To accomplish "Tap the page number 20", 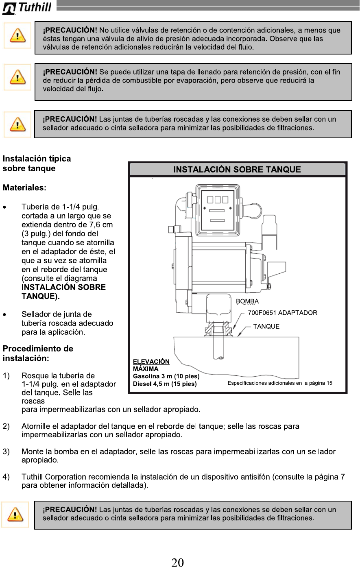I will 177,562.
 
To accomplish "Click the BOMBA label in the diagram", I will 247,301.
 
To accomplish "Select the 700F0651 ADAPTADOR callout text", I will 282,313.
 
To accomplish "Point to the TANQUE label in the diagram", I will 266,326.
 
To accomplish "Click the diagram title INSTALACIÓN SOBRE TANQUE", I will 237,170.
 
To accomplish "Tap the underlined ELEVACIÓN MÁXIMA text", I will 151,365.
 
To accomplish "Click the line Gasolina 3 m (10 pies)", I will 166,376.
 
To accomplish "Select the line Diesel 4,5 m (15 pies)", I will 165,384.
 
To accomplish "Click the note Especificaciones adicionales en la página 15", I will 280,383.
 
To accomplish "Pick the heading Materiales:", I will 24,188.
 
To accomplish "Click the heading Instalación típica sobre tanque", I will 37,164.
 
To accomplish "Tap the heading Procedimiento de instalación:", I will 38,353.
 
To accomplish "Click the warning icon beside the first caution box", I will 17,36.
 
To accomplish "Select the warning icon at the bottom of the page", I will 15,515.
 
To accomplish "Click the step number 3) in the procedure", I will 6,451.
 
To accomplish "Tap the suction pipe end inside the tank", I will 219,357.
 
